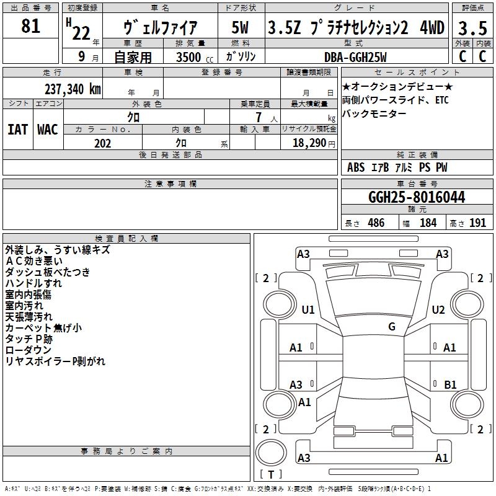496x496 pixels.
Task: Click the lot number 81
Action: click(30, 27)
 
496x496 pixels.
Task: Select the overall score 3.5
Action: click(472, 29)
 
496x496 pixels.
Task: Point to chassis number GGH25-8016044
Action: click(417, 197)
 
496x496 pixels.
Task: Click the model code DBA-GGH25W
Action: click(355, 57)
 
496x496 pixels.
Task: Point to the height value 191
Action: click(477, 223)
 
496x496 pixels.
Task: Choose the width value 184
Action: click(428, 223)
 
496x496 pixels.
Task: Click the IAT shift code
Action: click(17, 129)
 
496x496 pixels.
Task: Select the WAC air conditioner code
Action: click(47, 129)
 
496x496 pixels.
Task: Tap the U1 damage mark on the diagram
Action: click(308, 310)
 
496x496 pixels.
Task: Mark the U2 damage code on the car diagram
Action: click(438, 310)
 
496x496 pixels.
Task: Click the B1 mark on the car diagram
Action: click(451, 385)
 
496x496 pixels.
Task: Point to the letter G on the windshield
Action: click(392, 327)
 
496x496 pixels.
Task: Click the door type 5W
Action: click(240, 28)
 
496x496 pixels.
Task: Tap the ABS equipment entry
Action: click(356, 167)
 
